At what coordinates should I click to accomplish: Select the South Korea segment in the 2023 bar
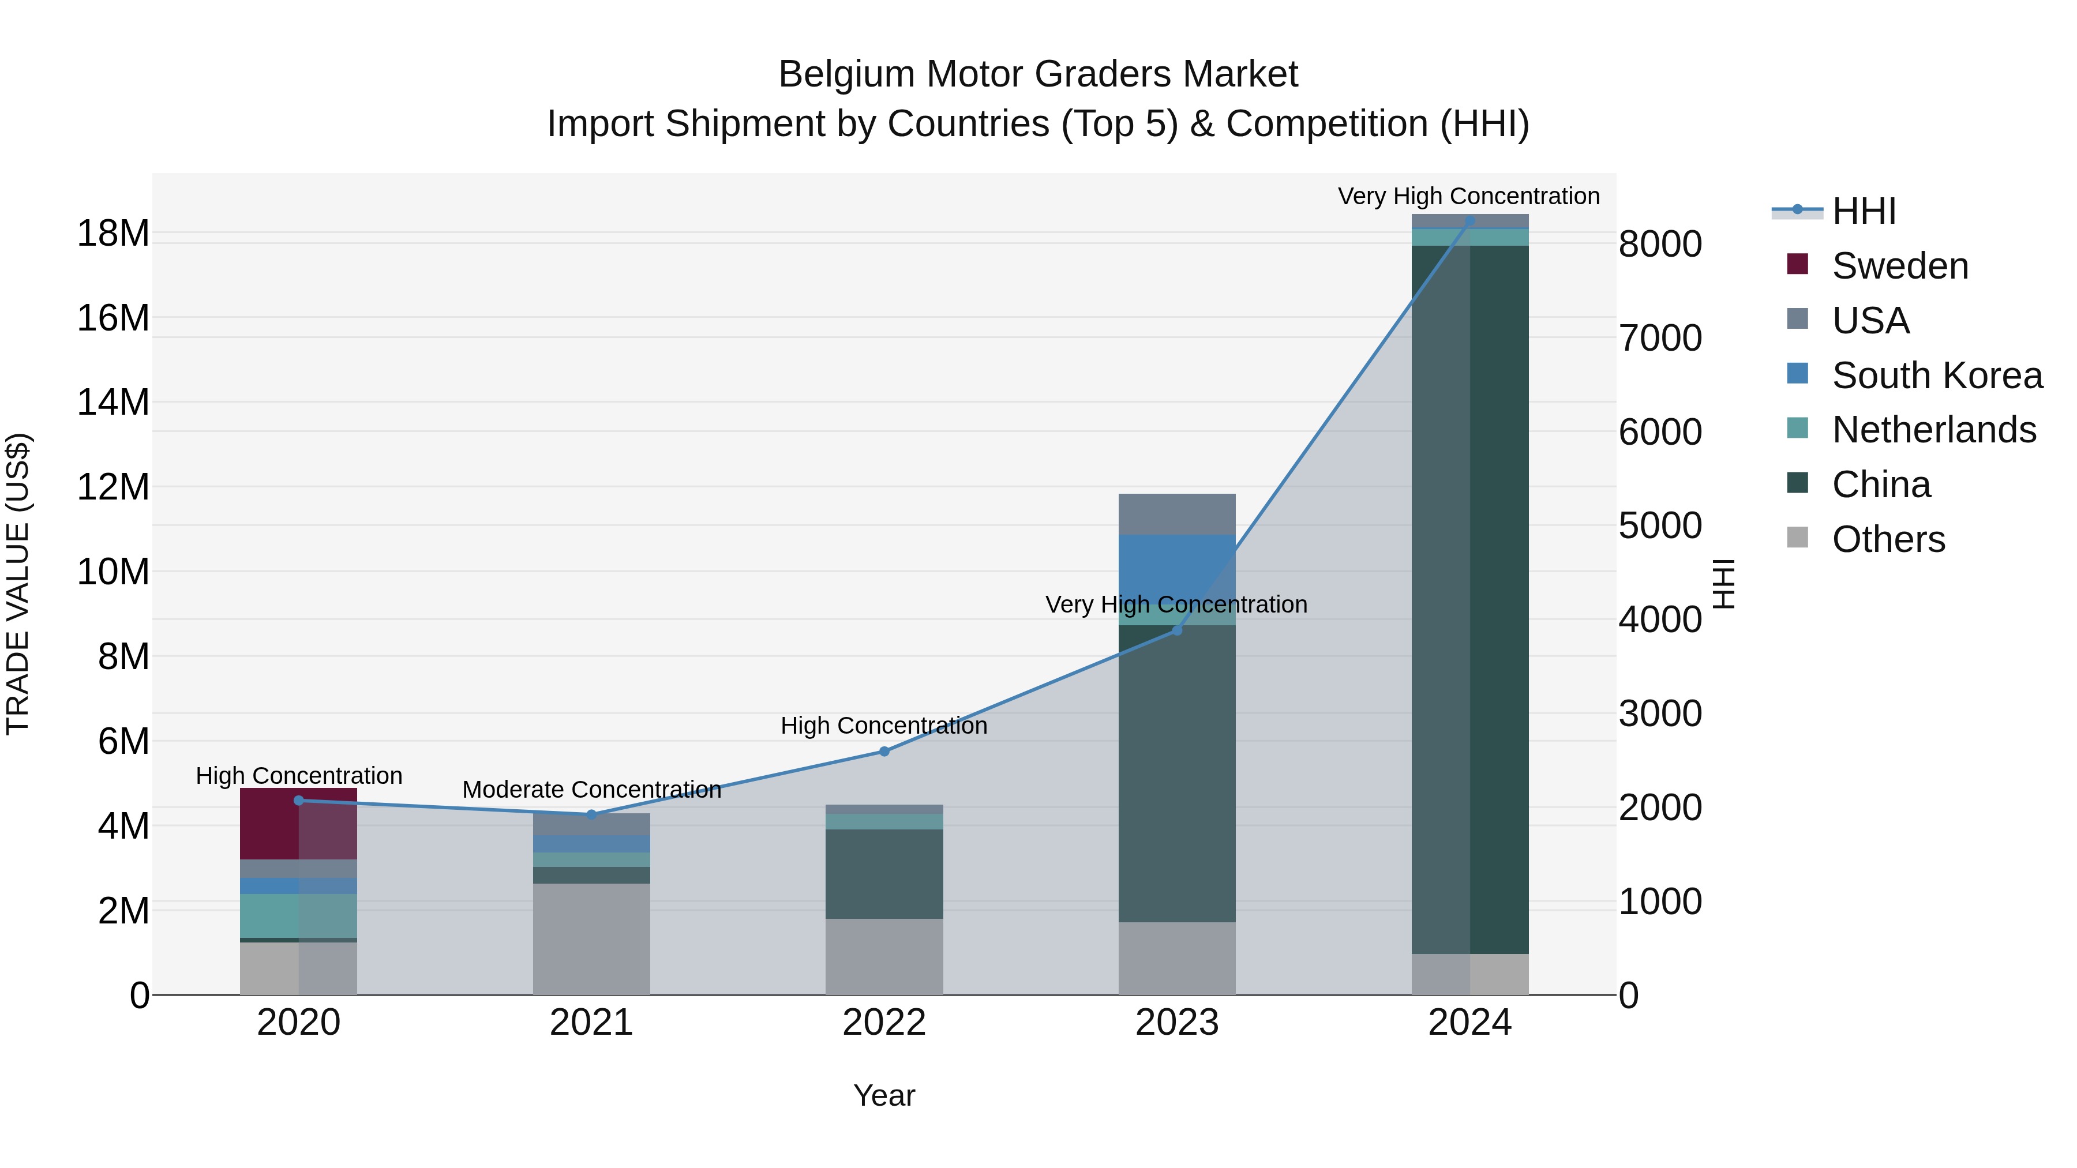pyautogui.click(x=1176, y=568)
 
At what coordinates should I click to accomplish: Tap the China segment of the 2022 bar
pyautogui.click(x=884, y=874)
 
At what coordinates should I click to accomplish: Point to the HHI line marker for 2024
pyautogui.click(x=1469, y=220)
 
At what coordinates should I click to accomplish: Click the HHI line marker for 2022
pyautogui.click(x=884, y=751)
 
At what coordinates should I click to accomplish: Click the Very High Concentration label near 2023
pyautogui.click(x=1176, y=604)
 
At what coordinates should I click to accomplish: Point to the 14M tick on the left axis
pyautogui.click(x=113, y=402)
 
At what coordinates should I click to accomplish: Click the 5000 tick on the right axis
pyautogui.click(x=1659, y=525)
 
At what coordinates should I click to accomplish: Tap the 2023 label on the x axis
pyautogui.click(x=1176, y=1023)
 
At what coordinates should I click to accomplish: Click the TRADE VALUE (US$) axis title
pyautogui.click(x=18, y=584)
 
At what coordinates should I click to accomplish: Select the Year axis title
pyautogui.click(x=884, y=1095)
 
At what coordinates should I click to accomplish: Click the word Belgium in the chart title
pyautogui.click(x=846, y=74)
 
